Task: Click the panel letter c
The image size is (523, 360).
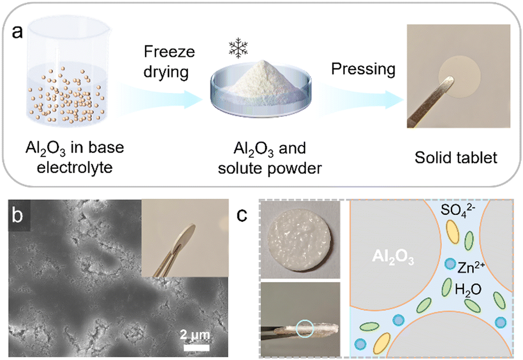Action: click(x=243, y=216)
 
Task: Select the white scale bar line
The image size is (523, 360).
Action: click(x=197, y=347)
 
